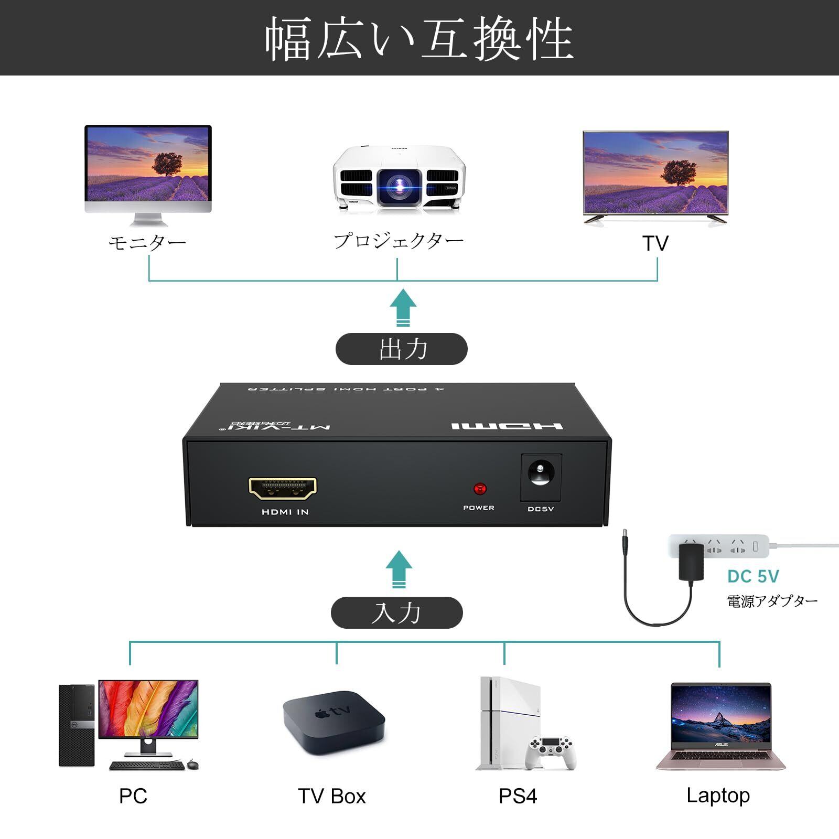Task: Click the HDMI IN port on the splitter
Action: [x=282, y=488]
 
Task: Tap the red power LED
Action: [x=479, y=489]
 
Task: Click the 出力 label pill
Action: [x=401, y=349]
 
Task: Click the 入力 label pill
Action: [x=397, y=612]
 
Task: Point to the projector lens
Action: [x=400, y=185]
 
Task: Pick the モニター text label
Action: [x=147, y=243]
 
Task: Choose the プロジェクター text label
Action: [x=399, y=241]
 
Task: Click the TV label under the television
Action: [x=655, y=244]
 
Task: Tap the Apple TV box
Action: [x=334, y=722]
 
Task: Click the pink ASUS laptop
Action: [x=721, y=726]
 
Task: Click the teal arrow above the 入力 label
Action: [x=399, y=569]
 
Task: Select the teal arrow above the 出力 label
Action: [x=403, y=308]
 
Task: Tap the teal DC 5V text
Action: [x=753, y=577]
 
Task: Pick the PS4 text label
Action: [x=518, y=796]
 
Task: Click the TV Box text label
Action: [x=331, y=796]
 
